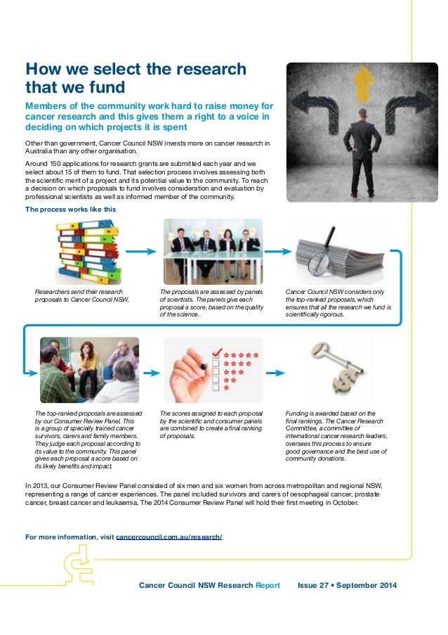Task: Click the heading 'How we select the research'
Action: tap(136, 70)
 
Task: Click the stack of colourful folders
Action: tap(88, 250)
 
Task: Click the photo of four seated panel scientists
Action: tap(213, 250)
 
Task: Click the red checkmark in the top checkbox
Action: tap(217, 350)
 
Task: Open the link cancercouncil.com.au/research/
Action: tap(169, 538)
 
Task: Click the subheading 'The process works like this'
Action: tap(70, 209)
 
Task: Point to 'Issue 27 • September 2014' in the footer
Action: tap(347, 585)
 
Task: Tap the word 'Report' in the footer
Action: tap(268, 585)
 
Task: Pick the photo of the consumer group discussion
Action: tap(89, 370)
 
